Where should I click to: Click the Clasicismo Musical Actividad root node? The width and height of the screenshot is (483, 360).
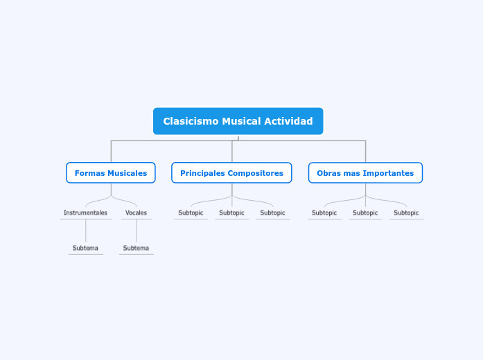[238, 121]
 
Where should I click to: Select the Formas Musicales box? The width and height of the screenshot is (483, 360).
[111, 173]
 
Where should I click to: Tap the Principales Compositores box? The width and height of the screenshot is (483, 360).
[231, 173]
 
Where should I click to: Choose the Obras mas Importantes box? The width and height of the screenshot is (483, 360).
[365, 173]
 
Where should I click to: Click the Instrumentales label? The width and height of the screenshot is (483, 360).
[85, 213]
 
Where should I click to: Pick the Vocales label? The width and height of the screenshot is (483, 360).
[136, 213]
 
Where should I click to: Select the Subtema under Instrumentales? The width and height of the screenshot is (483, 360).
[85, 248]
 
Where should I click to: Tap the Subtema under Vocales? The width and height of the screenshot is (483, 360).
[136, 248]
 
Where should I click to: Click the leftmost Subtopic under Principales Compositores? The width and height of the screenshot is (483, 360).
[191, 213]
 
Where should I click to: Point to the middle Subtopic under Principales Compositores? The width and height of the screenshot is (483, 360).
[231, 213]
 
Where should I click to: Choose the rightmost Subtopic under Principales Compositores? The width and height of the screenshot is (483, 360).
[272, 213]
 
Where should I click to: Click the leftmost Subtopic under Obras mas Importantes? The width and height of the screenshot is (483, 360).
[324, 213]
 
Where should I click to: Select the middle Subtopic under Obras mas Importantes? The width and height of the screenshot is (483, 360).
[365, 213]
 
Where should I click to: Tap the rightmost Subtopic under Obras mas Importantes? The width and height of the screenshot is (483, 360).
[406, 213]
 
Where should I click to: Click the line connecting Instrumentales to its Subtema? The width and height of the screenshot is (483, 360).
[86, 231]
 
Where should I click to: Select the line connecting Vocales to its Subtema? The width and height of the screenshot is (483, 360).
[137, 231]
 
